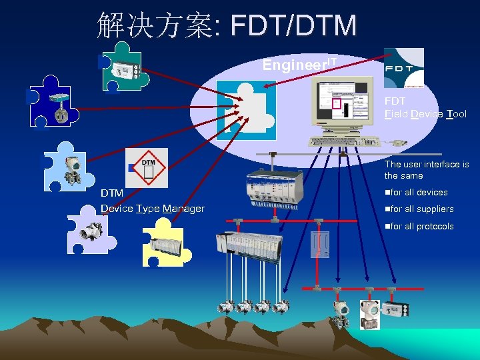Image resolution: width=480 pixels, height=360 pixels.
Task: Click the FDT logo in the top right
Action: (x=404, y=67)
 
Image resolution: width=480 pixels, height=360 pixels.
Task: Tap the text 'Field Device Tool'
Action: (x=425, y=114)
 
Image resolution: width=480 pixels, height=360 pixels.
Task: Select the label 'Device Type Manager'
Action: (x=152, y=209)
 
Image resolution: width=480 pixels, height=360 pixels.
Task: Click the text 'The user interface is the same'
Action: (x=426, y=170)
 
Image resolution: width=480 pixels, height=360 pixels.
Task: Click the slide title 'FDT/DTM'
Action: (x=293, y=26)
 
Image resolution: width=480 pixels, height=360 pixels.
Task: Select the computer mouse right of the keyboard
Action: (x=398, y=141)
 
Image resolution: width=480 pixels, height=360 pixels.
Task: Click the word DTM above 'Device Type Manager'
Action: (x=112, y=193)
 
